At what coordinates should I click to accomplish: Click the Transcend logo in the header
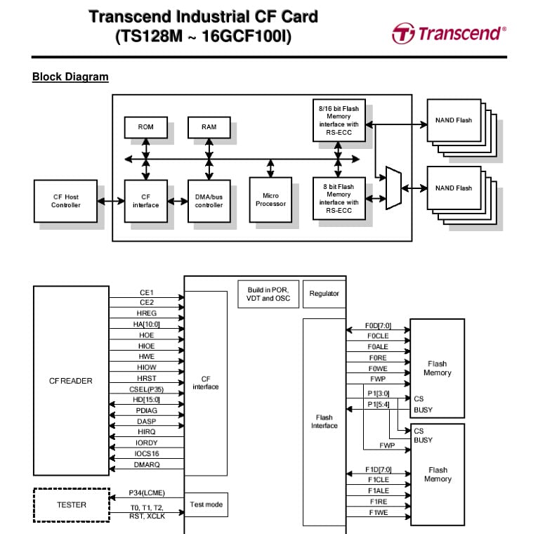click(x=448, y=33)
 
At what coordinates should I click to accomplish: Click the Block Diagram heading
click(x=70, y=77)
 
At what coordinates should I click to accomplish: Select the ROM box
click(x=146, y=127)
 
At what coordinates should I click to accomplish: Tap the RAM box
click(x=209, y=127)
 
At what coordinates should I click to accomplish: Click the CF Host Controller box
click(x=66, y=201)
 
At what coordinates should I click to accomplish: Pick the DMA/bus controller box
click(x=209, y=201)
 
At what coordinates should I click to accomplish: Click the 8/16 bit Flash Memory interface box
click(x=339, y=120)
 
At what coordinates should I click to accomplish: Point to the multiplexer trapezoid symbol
click(x=393, y=188)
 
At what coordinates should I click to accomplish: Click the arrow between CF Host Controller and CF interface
click(x=111, y=202)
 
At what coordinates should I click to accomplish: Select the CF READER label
click(x=70, y=382)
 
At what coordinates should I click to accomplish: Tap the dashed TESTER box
click(x=71, y=504)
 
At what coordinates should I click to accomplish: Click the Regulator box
click(x=324, y=294)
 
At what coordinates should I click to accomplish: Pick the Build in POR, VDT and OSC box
click(x=268, y=294)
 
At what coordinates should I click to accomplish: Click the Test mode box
click(x=206, y=504)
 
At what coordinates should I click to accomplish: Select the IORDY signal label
click(x=146, y=443)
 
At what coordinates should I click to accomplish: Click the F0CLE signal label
click(x=377, y=337)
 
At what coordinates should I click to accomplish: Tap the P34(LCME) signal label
click(x=146, y=493)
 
